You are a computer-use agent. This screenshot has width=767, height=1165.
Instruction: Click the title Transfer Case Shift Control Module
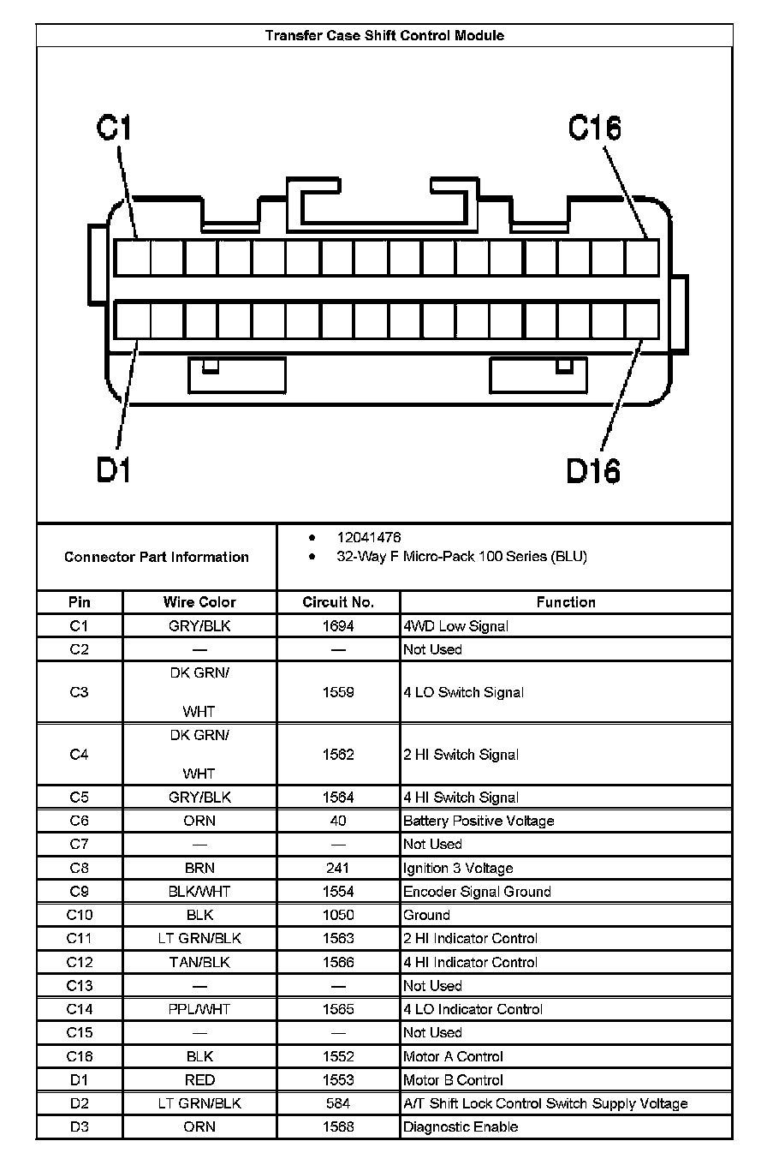(x=384, y=36)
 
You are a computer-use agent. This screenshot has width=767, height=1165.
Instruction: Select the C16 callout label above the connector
(x=594, y=128)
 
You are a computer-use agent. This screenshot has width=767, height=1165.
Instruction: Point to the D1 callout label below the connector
(x=113, y=469)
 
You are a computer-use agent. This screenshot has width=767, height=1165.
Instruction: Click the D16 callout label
(x=593, y=469)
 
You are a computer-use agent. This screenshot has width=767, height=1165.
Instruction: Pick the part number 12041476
(x=369, y=538)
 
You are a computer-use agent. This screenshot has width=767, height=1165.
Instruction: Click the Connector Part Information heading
(x=157, y=557)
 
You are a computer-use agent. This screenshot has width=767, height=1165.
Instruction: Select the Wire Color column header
(x=199, y=602)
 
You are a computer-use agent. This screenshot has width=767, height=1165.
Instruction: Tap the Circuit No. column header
(x=338, y=602)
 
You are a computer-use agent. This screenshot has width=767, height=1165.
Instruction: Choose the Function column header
(x=566, y=602)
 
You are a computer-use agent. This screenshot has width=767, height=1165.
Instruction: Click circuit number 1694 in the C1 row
(x=338, y=626)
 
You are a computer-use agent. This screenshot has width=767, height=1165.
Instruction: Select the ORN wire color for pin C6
(x=199, y=821)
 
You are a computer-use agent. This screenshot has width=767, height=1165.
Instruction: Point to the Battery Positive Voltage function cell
(x=479, y=821)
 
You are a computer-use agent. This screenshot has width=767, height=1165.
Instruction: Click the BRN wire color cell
(x=199, y=868)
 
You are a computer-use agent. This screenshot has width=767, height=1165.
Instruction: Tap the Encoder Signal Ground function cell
(x=477, y=892)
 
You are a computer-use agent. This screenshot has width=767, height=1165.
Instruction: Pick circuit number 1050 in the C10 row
(x=338, y=915)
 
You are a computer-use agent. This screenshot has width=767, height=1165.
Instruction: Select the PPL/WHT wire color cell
(x=199, y=1009)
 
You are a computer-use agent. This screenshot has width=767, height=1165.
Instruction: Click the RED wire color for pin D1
(x=199, y=1080)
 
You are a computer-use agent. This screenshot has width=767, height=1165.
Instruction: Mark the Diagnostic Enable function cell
(x=461, y=1127)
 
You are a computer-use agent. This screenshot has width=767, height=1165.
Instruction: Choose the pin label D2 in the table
(x=80, y=1103)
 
